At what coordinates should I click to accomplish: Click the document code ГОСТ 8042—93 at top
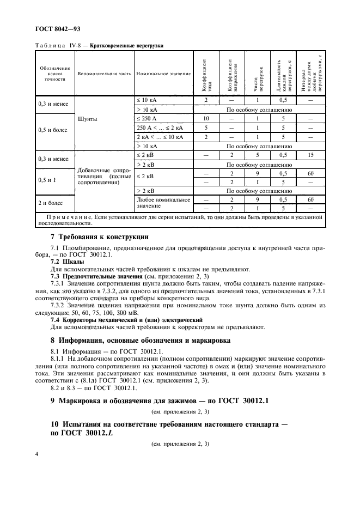click(x=58, y=27)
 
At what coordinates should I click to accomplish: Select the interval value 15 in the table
click(x=311, y=155)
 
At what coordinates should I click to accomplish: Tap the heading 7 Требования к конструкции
click(x=98, y=236)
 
